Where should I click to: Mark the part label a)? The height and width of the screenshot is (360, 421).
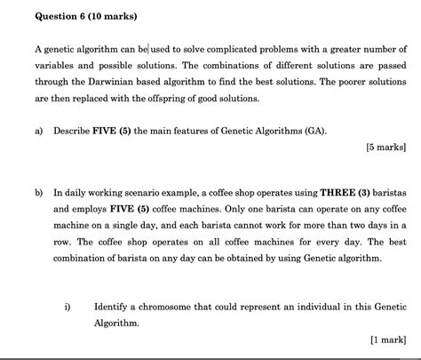tap(38, 132)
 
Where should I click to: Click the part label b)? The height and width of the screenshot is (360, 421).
tap(38, 191)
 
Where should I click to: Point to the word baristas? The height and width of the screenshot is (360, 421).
tap(389, 191)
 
